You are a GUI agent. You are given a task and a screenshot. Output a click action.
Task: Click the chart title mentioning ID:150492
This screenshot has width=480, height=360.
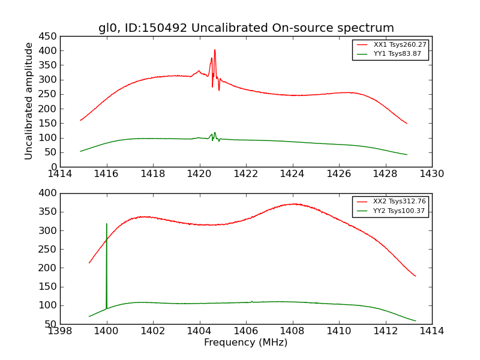pyautogui.click(x=246, y=28)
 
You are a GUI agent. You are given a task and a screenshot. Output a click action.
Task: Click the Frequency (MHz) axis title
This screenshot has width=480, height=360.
pyautogui.click(x=245, y=343)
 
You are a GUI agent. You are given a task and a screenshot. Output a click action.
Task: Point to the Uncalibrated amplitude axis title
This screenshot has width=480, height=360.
pyautogui.click(x=29, y=101)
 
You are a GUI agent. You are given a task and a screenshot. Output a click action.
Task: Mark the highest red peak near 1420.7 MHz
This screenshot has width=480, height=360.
pyautogui.click(x=215, y=50)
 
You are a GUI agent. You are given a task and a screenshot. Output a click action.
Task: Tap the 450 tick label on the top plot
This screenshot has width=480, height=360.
pyautogui.click(x=49, y=36)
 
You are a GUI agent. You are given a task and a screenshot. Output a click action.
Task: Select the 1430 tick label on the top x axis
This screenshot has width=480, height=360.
pyautogui.click(x=431, y=173)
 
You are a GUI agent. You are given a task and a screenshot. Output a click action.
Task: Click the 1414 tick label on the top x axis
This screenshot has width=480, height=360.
pyautogui.click(x=61, y=173)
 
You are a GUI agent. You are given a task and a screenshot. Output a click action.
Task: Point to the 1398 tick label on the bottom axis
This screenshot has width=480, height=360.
pyautogui.click(x=61, y=331)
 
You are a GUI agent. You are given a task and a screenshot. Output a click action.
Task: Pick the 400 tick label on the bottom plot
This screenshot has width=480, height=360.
pyautogui.click(x=49, y=193)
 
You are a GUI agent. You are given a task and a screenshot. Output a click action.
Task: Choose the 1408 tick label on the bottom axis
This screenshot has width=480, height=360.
pyautogui.click(x=292, y=331)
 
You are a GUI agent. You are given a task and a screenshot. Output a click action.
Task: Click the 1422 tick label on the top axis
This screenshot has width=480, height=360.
pyautogui.click(x=246, y=173)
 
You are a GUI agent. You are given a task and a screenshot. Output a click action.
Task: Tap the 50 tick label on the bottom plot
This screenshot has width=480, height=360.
pyautogui.click(x=51, y=325)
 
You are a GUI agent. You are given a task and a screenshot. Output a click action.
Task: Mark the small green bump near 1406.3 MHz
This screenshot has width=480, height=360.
pyautogui.click(x=251, y=301)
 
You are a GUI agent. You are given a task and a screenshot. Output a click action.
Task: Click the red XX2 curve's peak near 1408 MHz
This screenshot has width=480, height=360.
pyautogui.click(x=293, y=204)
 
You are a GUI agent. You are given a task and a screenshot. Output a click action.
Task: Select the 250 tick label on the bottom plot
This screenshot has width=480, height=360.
pyautogui.click(x=49, y=250)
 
